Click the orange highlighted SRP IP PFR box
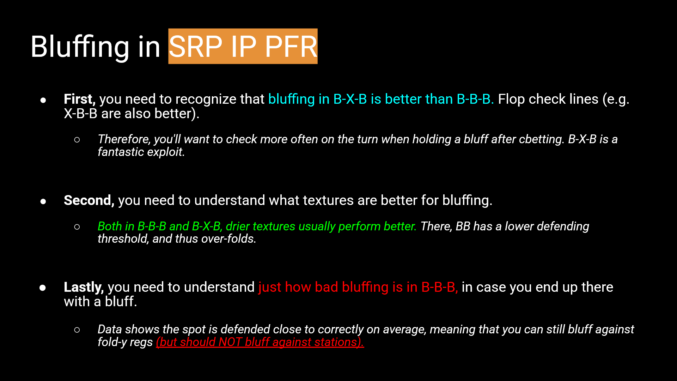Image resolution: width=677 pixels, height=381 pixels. [x=243, y=46]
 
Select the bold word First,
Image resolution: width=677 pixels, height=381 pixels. [x=79, y=99]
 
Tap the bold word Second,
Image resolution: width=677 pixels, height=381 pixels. [x=89, y=200]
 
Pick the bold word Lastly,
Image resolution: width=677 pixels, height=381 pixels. [x=84, y=287]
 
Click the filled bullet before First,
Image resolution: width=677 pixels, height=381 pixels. [x=43, y=100]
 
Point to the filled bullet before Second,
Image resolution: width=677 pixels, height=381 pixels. [x=43, y=201]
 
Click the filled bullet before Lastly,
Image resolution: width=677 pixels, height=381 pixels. [x=43, y=288]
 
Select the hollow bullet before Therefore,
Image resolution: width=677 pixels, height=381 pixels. [x=77, y=140]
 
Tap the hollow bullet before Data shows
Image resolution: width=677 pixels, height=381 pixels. [x=77, y=330]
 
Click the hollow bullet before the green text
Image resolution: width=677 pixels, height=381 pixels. [x=77, y=227]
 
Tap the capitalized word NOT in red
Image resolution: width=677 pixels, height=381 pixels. [x=230, y=342]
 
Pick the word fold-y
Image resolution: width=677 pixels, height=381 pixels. [x=112, y=342]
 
